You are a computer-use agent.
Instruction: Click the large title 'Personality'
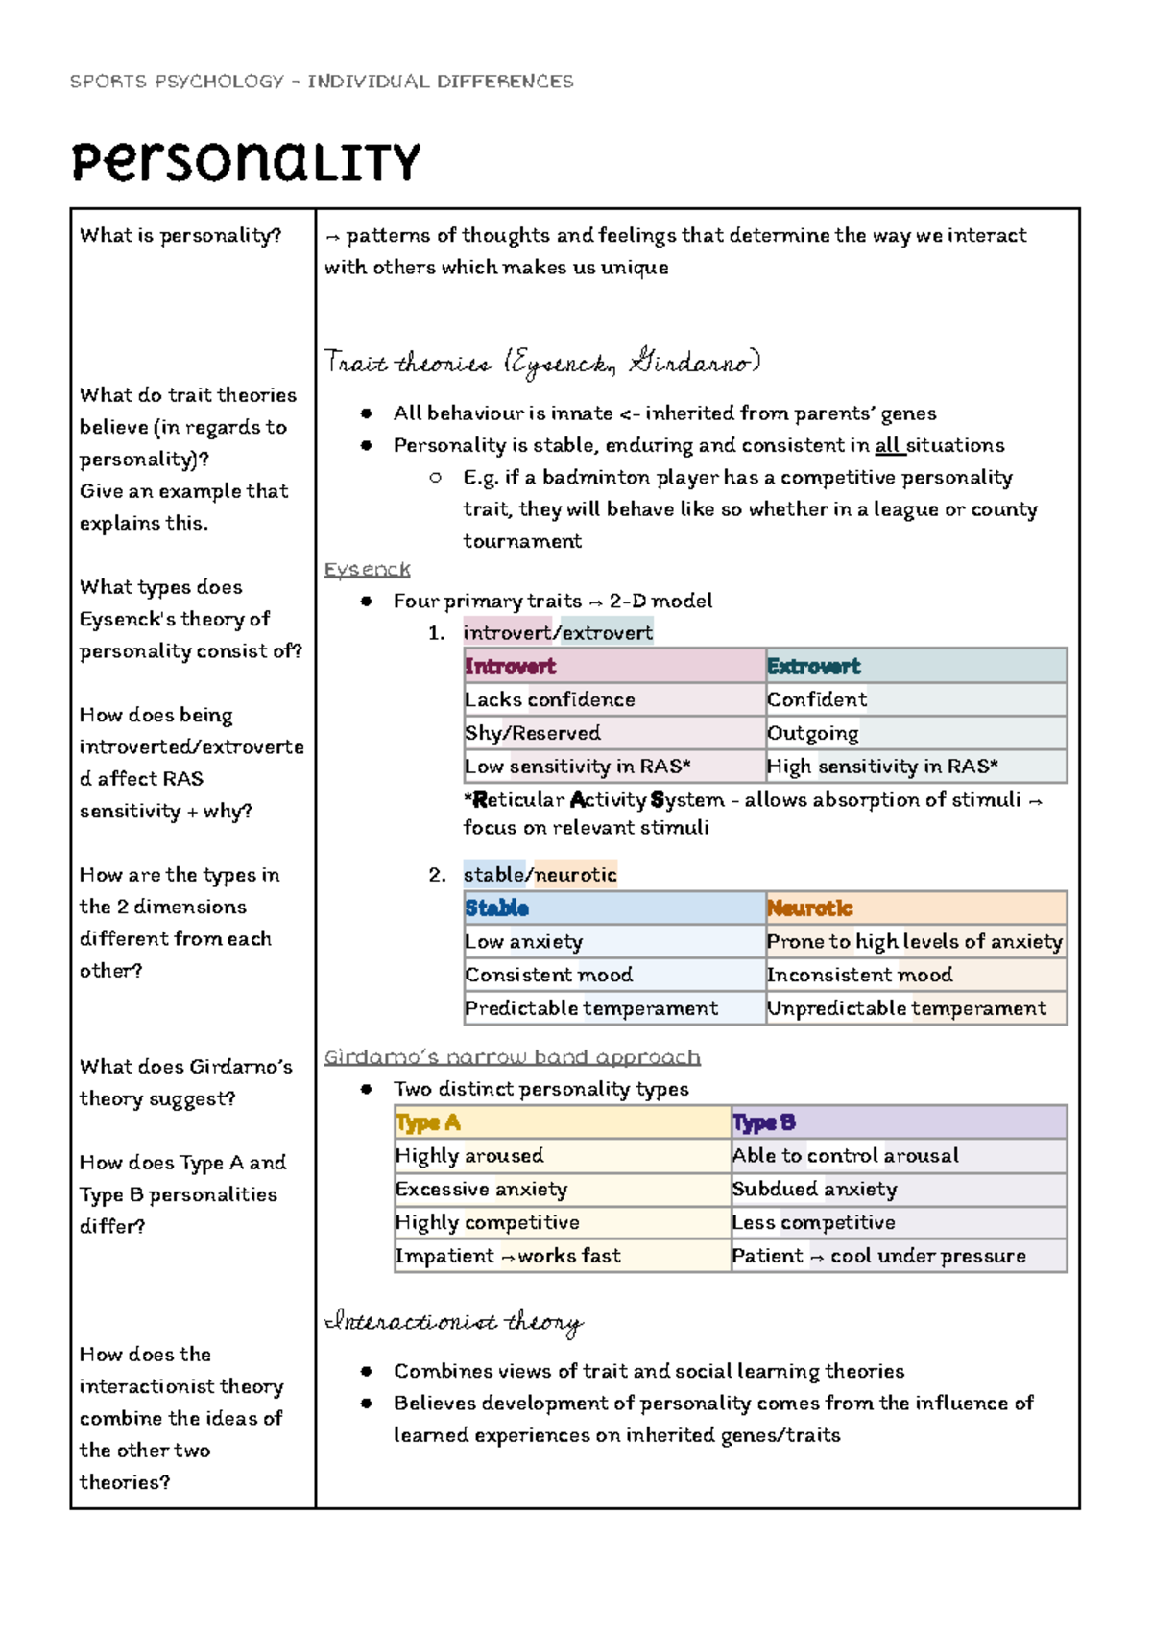[246, 162]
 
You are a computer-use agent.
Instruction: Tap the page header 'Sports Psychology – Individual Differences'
[322, 82]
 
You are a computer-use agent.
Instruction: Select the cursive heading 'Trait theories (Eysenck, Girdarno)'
[542, 363]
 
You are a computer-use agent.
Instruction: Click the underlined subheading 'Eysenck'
[367, 570]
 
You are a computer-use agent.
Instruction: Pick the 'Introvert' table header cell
[613, 666]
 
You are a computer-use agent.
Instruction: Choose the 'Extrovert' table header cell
[916, 666]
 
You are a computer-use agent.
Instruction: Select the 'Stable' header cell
[613, 908]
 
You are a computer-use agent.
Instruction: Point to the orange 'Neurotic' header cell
[916, 908]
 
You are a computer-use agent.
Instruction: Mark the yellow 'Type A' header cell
[562, 1122]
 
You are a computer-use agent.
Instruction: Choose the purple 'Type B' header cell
[898, 1122]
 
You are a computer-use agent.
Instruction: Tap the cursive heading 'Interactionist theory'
[454, 1323]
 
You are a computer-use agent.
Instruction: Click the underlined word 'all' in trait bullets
[888, 445]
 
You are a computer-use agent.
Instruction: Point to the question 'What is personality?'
[180, 235]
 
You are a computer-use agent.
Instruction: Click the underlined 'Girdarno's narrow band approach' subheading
[512, 1057]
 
